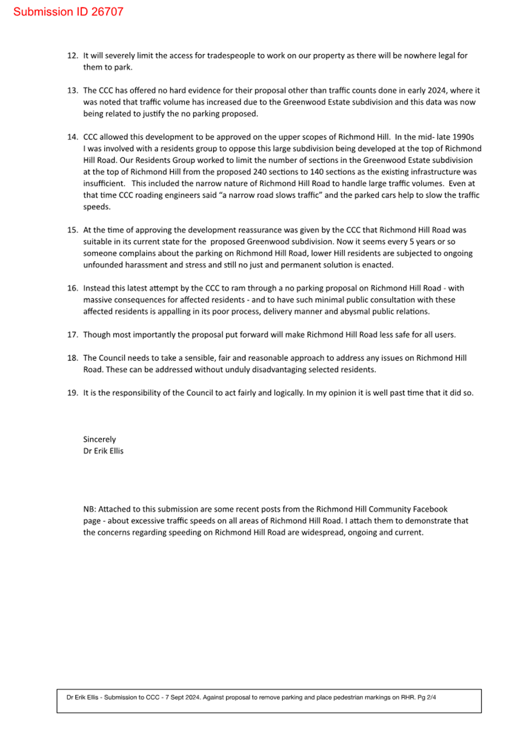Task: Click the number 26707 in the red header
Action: coord(107,12)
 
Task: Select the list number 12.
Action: coord(73,56)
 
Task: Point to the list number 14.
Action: coord(73,137)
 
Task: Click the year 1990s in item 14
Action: coord(463,137)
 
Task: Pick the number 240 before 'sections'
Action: coord(260,172)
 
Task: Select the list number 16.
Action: coord(73,288)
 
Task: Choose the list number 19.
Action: coord(73,393)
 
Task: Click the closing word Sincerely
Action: coord(99,439)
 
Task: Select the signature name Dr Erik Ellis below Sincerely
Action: coord(103,451)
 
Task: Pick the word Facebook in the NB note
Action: coord(430,509)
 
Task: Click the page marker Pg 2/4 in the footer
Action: coord(426,697)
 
